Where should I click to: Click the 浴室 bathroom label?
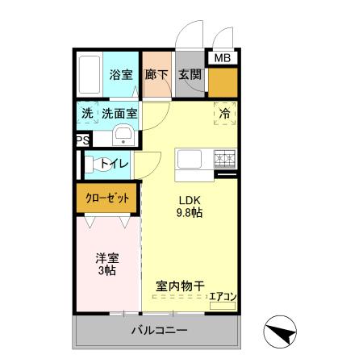121,74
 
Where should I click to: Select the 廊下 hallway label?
156,74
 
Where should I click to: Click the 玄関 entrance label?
190,74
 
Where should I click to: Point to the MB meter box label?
221,58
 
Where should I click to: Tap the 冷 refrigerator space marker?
225,114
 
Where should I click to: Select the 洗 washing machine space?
87,114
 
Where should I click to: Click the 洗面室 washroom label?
119,114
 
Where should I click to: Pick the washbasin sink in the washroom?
123,135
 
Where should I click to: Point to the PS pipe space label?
81,140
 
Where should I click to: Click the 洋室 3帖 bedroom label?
107,265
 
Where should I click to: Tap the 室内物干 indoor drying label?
178,285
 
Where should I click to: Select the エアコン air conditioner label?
223,298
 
